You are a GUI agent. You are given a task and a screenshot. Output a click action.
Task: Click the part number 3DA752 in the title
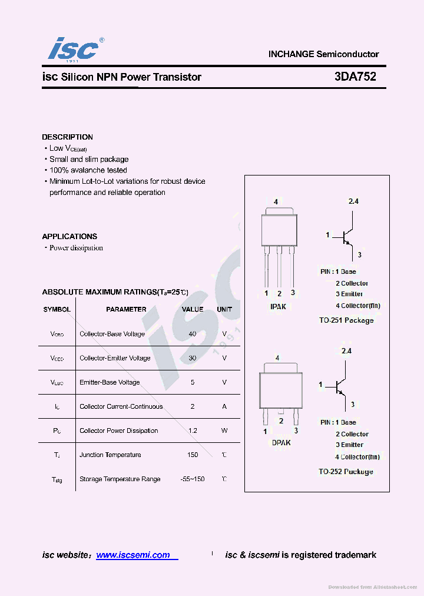(x=355, y=77)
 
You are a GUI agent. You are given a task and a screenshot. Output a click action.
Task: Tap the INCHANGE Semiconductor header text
(x=323, y=54)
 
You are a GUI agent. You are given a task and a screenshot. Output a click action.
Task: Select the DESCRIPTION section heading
(x=67, y=137)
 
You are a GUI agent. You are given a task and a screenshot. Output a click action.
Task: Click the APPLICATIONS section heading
(x=69, y=236)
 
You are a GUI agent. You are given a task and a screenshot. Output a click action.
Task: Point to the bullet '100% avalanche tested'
(x=88, y=170)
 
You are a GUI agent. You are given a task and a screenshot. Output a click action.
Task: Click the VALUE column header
(x=193, y=309)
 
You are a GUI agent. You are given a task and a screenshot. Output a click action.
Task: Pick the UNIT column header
(x=224, y=309)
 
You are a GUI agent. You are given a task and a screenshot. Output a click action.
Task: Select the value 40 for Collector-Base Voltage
(x=193, y=334)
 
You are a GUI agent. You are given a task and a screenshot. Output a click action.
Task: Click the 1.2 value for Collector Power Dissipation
(x=193, y=431)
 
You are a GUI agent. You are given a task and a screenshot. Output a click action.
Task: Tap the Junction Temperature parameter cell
(x=110, y=455)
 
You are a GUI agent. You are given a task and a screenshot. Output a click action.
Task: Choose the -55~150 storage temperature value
(x=193, y=479)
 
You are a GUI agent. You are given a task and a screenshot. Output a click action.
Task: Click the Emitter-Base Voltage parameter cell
(x=110, y=382)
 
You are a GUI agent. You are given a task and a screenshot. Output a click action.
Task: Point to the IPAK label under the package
(x=278, y=306)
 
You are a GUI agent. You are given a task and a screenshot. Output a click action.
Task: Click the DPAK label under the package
(x=281, y=442)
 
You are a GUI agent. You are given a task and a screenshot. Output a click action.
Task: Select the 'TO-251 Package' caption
(x=346, y=320)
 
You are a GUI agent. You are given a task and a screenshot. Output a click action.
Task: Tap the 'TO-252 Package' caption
(x=346, y=472)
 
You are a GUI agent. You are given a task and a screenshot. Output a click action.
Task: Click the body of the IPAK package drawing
(x=279, y=229)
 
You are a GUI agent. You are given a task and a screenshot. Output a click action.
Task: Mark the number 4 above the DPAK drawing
(x=277, y=357)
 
